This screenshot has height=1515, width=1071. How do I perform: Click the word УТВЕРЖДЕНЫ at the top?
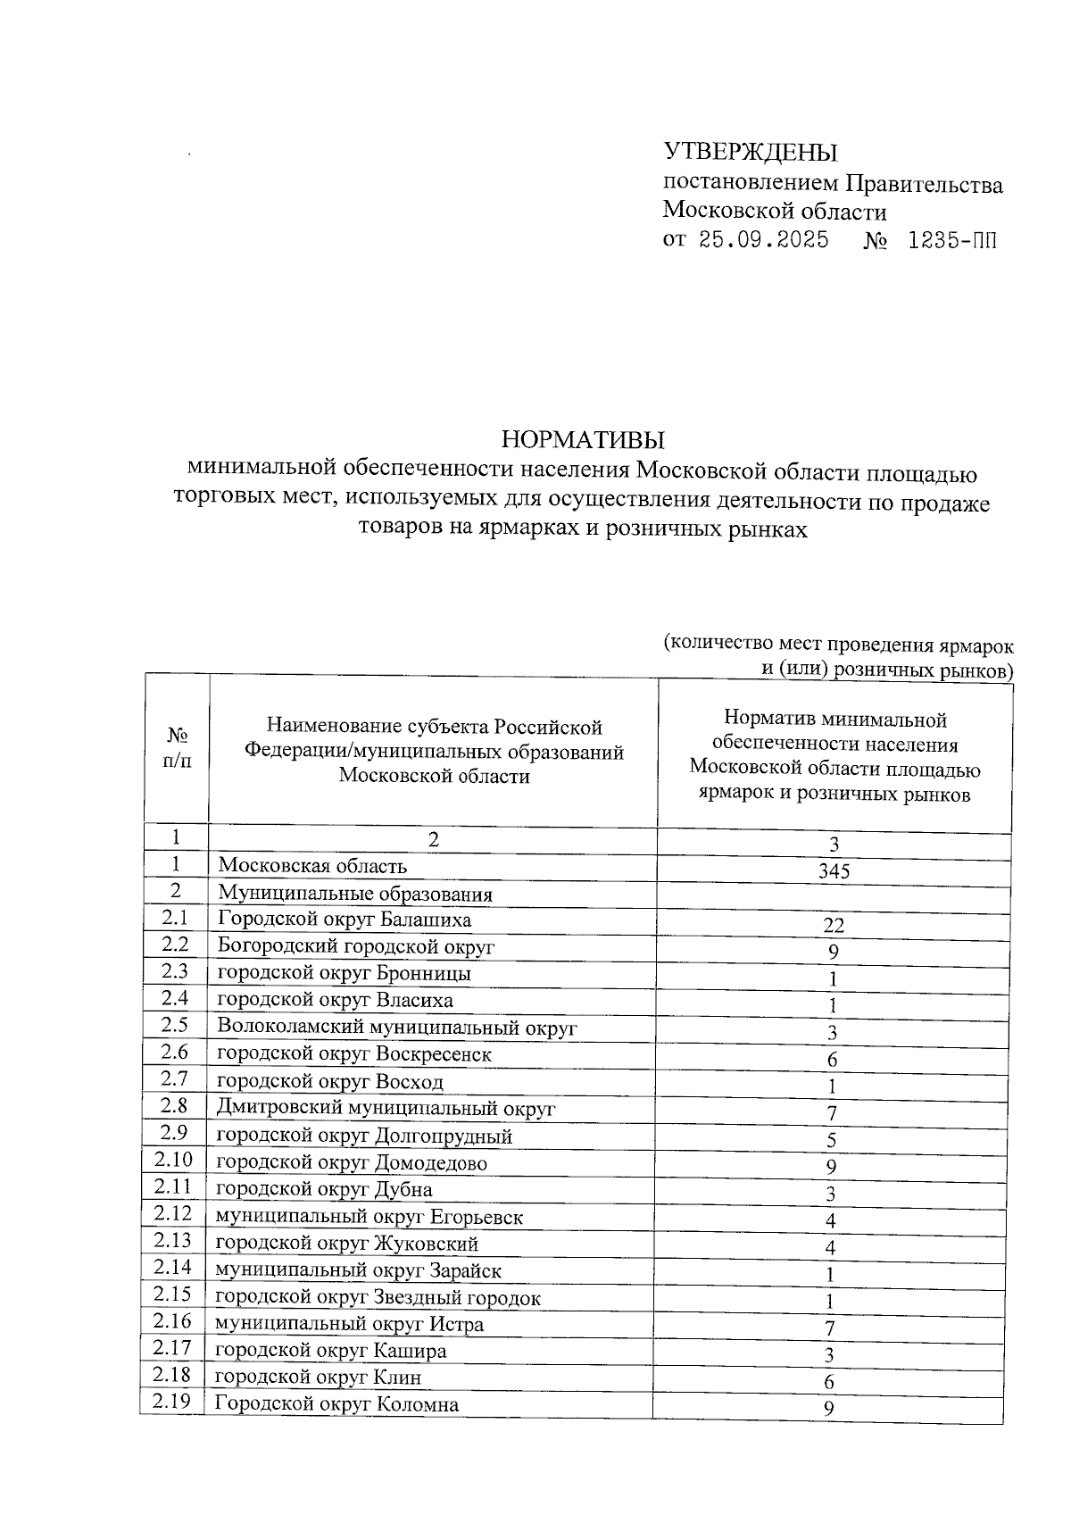pyautogui.click(x=751, y=153)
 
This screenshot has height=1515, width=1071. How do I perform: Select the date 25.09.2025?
pyautogui.click(x=764, y=240)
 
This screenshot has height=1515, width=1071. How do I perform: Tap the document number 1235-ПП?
pyautogui.click(x=951, y=240)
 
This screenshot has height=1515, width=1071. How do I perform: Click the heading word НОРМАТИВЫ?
pyautogui.click(x=584, y=440)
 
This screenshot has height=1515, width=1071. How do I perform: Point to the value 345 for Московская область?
pyautogui.click(x=834, y=871)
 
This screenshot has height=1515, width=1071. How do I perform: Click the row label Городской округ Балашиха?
pyautogui.click(x=345, y=920)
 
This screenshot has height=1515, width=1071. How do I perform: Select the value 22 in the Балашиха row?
pyautogui.click(x=834, y=926)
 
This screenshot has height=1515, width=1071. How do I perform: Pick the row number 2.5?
pyautogui.click(x=175, y=1025)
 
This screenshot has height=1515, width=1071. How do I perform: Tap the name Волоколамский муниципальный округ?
pyautogui.click(x=397, y=1028)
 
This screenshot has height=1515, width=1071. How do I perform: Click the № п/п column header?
pyautogui.click(x=177, y=748)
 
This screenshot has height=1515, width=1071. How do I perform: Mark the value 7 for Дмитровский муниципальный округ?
pyautogui.click(x=831, y=1113)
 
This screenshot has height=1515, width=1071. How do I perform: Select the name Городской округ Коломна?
pyautogui.click(x=337, y=1404)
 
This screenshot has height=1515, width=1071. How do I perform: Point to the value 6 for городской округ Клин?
pyautogui.click(x=829, y=1383)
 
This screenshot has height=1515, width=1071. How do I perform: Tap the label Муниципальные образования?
pyautogui.click(x=355, y=894)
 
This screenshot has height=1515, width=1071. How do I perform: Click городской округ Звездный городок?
pyautogui.click(x=378, y=1298)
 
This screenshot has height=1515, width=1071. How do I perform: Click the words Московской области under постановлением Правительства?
pyautogui.click(x=774, y=212)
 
